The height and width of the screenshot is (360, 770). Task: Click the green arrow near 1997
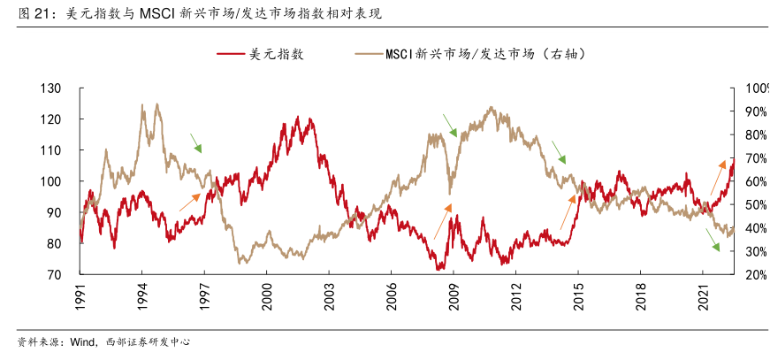195,142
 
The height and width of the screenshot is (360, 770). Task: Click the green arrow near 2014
559,152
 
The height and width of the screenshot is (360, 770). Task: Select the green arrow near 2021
713,240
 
